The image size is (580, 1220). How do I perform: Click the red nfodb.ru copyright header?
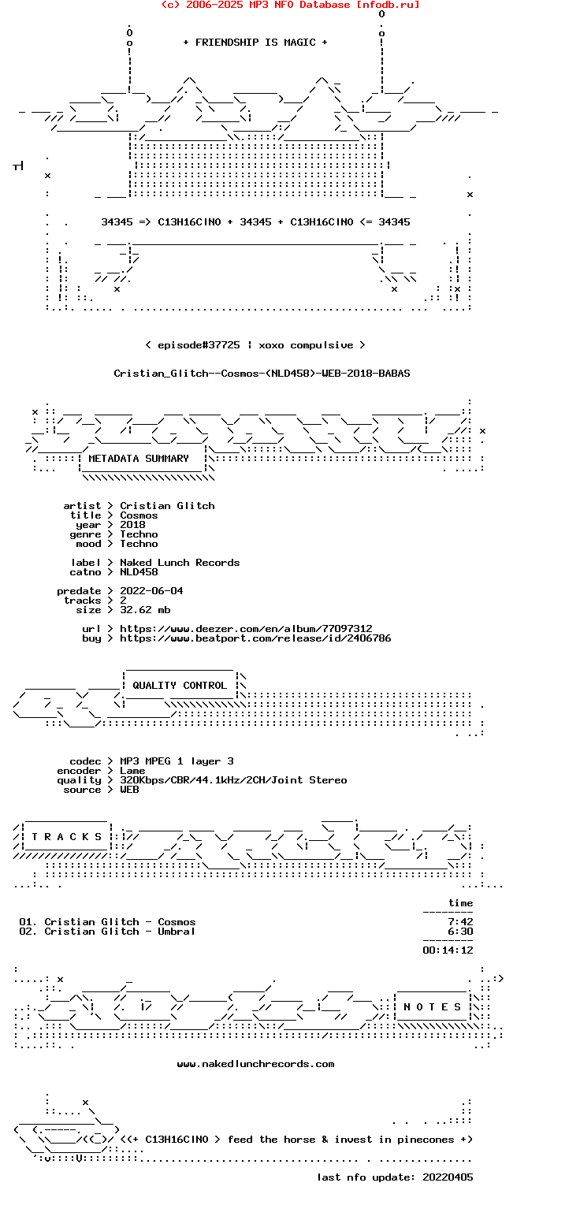click(x=290, y=5)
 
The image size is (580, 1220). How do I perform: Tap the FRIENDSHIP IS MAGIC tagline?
click(x=255, y=43)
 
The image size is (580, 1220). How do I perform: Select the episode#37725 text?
click(x=199, y=345)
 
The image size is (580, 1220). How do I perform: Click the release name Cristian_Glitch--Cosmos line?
click(x=262, y=374)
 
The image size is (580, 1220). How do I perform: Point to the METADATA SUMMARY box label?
click(x=139, y=459)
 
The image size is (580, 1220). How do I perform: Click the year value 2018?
click(x=133, y=525)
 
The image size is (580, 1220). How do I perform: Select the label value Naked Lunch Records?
click(x=180, y=563)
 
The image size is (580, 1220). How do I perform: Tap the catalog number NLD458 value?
click(x=139, y=572)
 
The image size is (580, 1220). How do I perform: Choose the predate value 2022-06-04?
click(x=151, y=591)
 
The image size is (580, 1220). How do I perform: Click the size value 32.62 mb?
click(x=146, y=610)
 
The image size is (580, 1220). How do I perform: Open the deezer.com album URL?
click(x=246, y=628)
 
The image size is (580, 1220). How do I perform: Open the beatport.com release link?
click(x=255, y=638)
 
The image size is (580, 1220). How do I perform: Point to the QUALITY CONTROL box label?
click(x=179, y=686)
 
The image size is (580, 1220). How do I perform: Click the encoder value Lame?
click(x=132, y=772)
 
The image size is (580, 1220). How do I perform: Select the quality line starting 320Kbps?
click(x=233, y=780)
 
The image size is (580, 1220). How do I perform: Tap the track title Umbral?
click(x=177, y=932)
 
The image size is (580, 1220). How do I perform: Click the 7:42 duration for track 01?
click(x=460, y=922)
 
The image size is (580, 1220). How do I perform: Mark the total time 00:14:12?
click(x=448, y=950)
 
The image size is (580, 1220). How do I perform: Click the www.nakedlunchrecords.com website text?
click(x=255, y=1064)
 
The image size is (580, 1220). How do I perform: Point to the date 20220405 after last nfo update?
click(x=448, y=1177)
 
